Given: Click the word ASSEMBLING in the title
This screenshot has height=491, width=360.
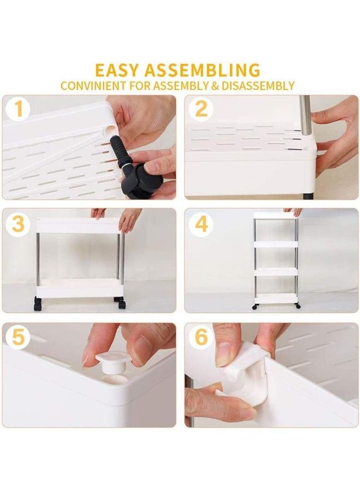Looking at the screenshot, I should (x=209, y=70).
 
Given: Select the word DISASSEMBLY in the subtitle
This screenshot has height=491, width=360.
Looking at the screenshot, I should (x=259, y=86).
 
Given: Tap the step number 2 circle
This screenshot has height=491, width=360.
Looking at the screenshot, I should (x=201, y=110).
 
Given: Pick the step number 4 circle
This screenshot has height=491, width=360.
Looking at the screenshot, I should (x=201, y=223).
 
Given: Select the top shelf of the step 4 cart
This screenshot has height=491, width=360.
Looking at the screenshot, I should (x=275, y=216).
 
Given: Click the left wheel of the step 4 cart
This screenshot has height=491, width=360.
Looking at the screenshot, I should (x=255, y=307).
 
